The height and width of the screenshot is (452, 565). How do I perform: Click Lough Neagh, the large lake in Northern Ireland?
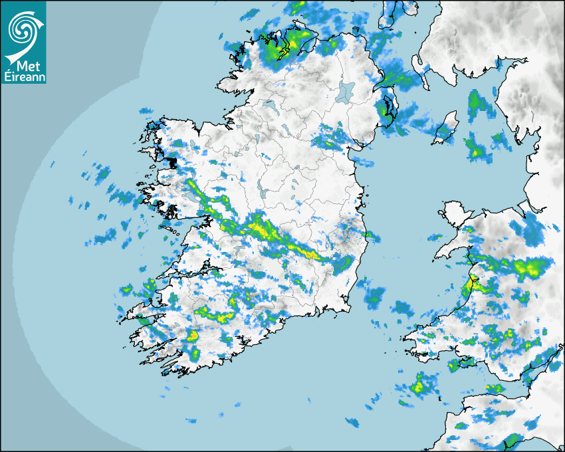tap(346, 90)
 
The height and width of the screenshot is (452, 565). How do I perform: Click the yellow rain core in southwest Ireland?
tap(193, 336)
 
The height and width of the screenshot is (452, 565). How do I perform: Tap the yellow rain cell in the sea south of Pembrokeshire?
tap(419, 386)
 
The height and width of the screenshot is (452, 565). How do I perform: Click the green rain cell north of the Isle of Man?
tap(475, 101)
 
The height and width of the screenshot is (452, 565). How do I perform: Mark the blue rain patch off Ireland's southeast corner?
tap(376, 296)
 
